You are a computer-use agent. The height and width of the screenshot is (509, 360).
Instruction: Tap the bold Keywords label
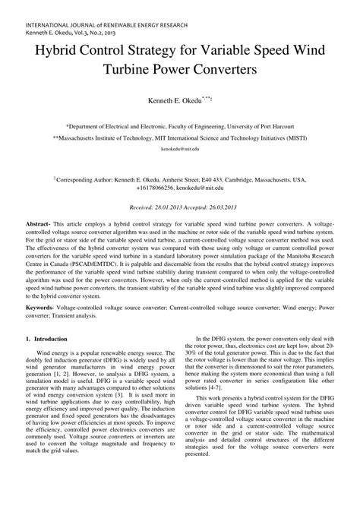[x=43, y=306]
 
